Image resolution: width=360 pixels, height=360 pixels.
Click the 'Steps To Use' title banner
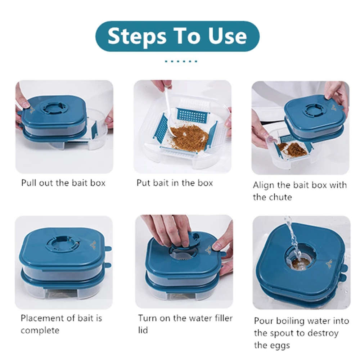click(x=177, y=36)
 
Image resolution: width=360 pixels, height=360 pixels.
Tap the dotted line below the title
click(x=181, y=61)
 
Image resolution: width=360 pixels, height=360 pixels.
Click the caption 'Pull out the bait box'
click(x=63, y=183)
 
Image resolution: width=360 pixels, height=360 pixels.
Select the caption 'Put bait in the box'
click(x=175, y=183)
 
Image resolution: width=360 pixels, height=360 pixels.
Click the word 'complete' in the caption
click(x=40, y=330)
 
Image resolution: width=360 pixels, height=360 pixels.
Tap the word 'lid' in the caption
click(x=143, y=330)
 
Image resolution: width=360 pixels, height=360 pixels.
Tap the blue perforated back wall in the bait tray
click(x=193, y=115)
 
